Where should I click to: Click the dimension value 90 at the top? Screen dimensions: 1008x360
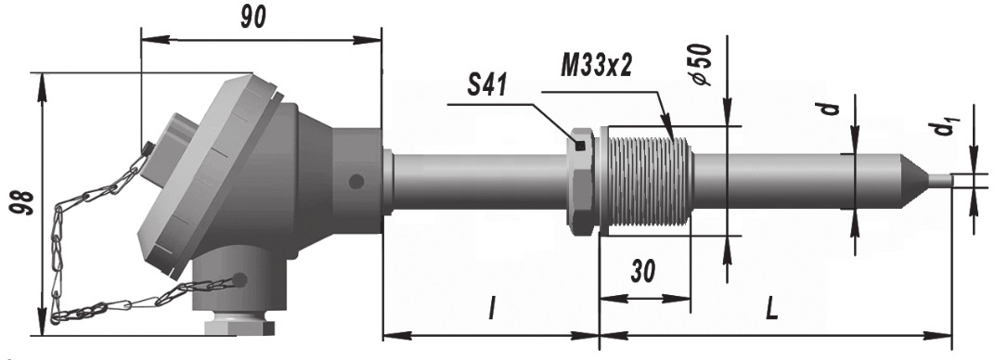(x=253, y=19)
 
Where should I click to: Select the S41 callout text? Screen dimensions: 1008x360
(x=486, y=85)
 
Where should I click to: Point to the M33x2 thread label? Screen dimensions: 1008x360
(x=596, y=66)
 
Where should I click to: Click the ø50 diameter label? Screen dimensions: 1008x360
(x=702, y=65)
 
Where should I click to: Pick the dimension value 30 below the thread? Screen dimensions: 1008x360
(x=643, y=272)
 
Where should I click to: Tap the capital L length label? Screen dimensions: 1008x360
(x=771, y=311)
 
